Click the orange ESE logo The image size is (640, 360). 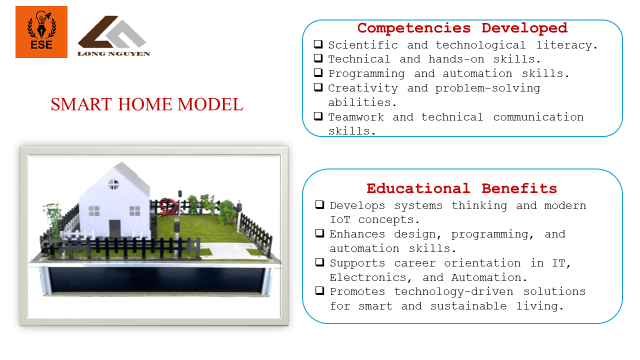pyautogui.click(x=41, y=32)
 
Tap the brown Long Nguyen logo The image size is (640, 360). pyautogui.click(x=113, y=36)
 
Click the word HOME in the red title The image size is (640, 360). pyautogui.click(x=146, y=104)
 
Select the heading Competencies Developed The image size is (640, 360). pyautogui.click(x=462, y=28)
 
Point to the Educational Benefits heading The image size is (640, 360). pyautogui.click(x=462, y=188)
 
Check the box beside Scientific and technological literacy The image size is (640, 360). pyautogui.click(x=318, y=44)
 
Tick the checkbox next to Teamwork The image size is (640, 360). pyautogui.click(x=318, y=116)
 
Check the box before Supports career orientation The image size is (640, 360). pyautogui.click(x=320, y=262)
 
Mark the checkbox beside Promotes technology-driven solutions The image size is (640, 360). pyautogui.click(x=320, y=291)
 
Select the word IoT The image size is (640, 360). pyautogui.click(x=340, y=220)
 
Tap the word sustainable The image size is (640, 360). pyautogui.click(x=468, y=306)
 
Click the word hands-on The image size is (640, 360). pyautogui.click(x=456, y=59)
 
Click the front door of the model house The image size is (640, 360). pyautogui.click(x=115, y=229)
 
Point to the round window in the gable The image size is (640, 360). pyautogui.click(x=113, y=184)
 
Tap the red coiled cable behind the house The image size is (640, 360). pyautogui.click(x=167, y=206)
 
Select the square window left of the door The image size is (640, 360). pyautogui.click(x=94, y=211)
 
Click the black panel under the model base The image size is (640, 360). pyautogui.click(x=156, y=280)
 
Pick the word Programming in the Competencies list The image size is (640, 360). pyautogui.click(x=367, y=74)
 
